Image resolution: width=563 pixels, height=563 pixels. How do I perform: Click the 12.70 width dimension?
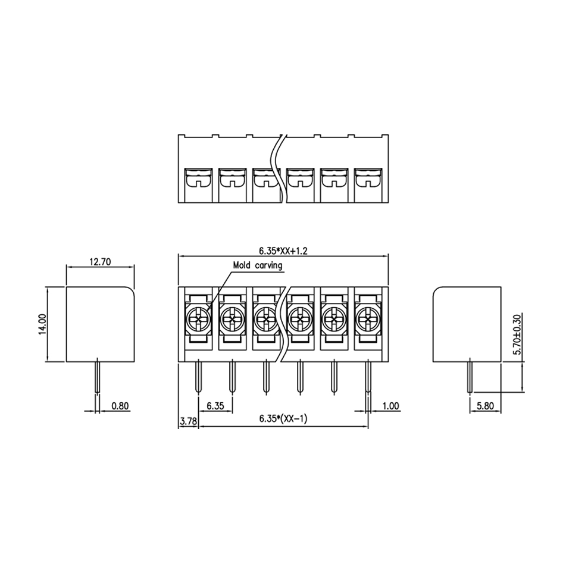point(100,262)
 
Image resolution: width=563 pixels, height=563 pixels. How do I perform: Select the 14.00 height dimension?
point(43,324)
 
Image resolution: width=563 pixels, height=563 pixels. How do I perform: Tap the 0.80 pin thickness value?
point(120,406)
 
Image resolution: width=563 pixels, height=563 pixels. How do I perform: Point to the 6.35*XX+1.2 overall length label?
point(283,251)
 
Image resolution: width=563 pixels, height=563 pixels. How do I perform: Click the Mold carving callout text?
point(258,265)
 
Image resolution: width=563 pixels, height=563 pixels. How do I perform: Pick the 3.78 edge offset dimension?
point(189,421)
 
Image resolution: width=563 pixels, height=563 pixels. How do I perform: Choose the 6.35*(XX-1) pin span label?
point(283,418)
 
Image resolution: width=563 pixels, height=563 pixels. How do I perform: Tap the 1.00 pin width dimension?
point(390,406)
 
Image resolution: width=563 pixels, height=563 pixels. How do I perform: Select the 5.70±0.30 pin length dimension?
point(517,334)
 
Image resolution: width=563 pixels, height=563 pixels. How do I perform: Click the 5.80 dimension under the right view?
point(485,406)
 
